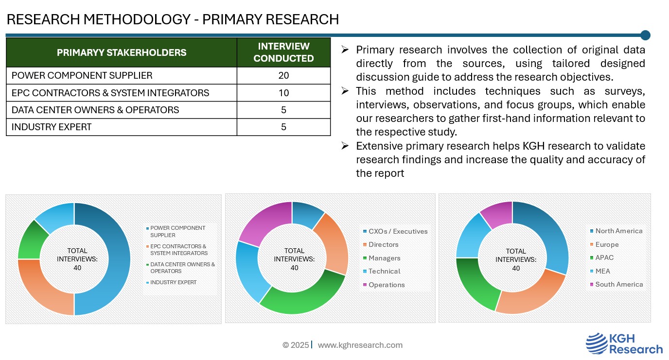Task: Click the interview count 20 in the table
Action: pos(283,75)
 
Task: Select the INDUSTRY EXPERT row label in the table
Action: pos(52,127)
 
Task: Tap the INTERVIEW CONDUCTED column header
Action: pos(283,52)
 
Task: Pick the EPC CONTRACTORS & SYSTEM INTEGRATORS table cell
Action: pos(110,93)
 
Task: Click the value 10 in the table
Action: pos(283,93)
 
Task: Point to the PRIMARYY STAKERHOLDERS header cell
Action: pos(122,52)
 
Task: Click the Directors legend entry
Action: pos(383,245)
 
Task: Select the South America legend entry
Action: pos(618,285)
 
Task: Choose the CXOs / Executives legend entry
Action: pos(398,232)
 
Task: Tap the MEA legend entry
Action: pos(602,271)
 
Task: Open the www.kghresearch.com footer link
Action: pos(360,345)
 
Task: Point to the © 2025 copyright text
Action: pos(295,345)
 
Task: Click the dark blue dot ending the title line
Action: pos(645,35)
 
